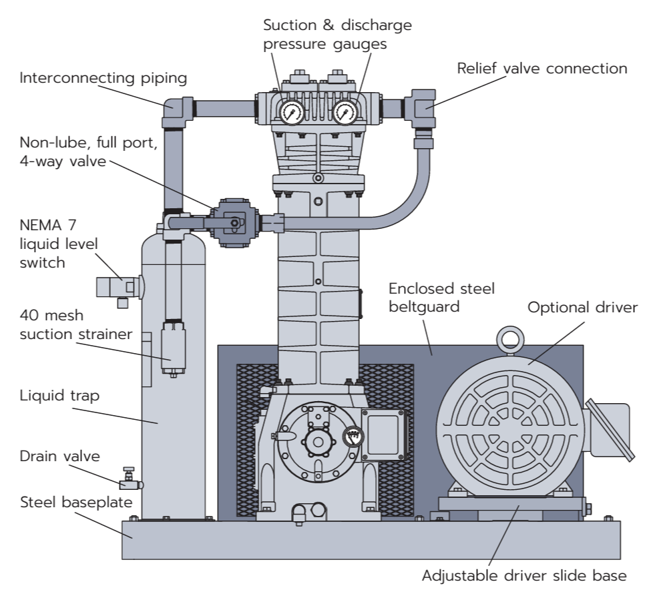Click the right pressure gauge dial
[344, 111]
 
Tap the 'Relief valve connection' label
[542, 69]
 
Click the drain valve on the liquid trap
[130, 483]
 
